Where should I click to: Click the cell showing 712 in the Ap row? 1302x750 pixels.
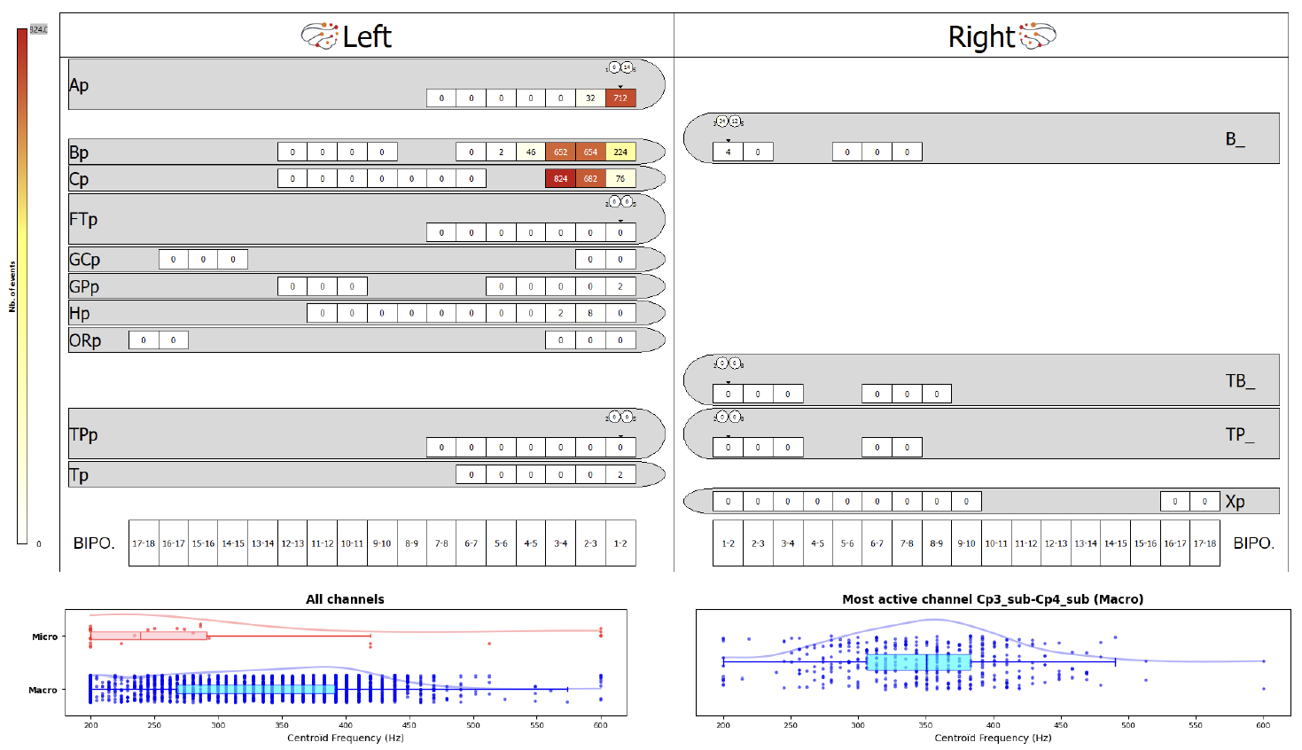click(x=620, y=98)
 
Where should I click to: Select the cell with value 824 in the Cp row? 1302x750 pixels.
click(x=560, y=179)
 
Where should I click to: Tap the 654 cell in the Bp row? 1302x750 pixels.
click(x=590, y=152)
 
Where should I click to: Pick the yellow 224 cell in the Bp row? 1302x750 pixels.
click(x=620, y=152)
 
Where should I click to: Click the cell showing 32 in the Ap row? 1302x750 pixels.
click(x=590, y=98)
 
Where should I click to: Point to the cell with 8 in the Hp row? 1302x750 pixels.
click(x=590, y=313)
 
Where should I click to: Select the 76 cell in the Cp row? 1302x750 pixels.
click(x=620, y=179)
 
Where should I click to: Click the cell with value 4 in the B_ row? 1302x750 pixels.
click(x=728, y=152)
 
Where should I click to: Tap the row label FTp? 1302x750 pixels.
click(x=83, y=219)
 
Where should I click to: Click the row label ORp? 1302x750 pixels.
click(x=85, y=340)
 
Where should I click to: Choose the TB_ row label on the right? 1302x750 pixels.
click(x=1240, y=381)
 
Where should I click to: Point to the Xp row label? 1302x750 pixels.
click(x=1235, y=502)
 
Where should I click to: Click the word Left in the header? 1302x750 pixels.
click(x=367, y=37)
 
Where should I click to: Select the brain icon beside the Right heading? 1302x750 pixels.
click(x=1038, y=36)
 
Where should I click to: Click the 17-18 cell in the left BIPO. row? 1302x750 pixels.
click(x=144, y=543)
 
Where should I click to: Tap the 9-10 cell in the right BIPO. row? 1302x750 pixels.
click(x=966, y=543)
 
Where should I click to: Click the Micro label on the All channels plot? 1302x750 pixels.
click(x=44, y=637)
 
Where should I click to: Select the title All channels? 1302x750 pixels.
click(x=345, y=599)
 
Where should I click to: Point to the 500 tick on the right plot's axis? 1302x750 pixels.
click(x=1127, y=725)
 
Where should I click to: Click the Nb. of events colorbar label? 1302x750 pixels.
click(x=12, y=286)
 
